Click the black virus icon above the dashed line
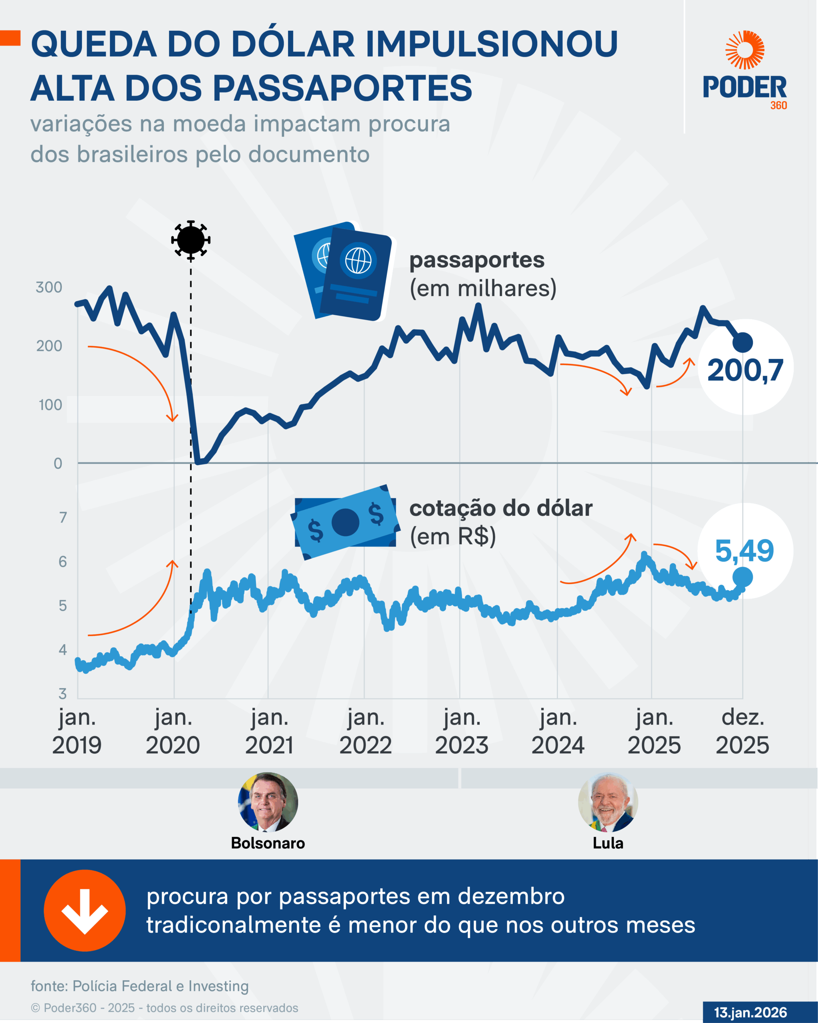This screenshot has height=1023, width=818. click(x=191, y=240)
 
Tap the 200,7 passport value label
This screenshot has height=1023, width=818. click(x=745, y=370)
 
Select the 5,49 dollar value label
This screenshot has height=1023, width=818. click(x=744, y=551)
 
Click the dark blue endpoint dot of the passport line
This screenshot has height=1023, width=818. click(x=743, y=342)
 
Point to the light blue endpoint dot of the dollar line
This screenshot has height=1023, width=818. click(x=743, y=577)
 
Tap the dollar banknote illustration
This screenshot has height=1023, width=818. click(x=345, y=522)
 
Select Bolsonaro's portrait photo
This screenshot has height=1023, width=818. click(x=268, y=802)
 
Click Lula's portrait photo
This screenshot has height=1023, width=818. click(x=608, y=802)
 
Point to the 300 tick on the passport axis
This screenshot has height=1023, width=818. click(x=49, y=287)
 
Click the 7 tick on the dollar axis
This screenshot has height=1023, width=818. click(x=63, y=517)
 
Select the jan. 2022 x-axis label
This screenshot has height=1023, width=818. click(x=365, y=731)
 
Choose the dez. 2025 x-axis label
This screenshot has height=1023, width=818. click(x=742, y=731)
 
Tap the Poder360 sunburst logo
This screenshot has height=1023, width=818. click(x=745, y=50)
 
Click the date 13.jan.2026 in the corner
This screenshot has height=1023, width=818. click(x=750, y=1012)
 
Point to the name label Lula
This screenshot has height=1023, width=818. click(x=608, y=843)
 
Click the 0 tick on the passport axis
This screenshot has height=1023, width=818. click(x=58, y=463)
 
